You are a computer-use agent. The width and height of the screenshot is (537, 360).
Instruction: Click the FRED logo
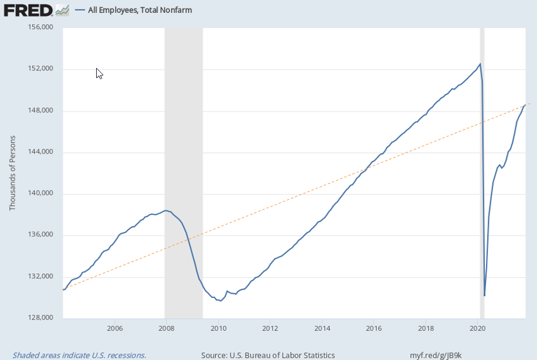pyautogui.click(x=28, y=10)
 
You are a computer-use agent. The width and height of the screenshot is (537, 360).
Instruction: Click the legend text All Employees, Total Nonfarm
pyautogui.click(x=140, y=10)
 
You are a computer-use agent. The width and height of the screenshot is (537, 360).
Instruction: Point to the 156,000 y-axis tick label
pyautogui.click(x=40, y=28)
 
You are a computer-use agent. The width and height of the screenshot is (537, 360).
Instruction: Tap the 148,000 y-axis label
pyautogui.click(x=40, y=111)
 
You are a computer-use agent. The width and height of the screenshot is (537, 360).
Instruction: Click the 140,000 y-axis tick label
pyautogui.click(x=40, y=193)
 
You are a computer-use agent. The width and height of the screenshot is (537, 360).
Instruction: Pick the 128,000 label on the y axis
pyautogui.click(x=40, y=318)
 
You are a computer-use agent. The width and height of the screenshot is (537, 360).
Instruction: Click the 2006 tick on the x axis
pyautogui.click(x=114, y=327)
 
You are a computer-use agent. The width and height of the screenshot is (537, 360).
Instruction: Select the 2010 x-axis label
pyautogui.click(x=218, y=327)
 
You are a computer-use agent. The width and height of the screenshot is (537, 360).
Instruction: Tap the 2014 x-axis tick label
pyautogui.click(x=322, y=327)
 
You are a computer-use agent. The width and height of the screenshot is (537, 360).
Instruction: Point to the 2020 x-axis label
pyautogui.click(x=478, y=327)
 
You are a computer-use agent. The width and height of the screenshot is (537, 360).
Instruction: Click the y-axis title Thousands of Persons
pyautogui.click(x=12, y=173)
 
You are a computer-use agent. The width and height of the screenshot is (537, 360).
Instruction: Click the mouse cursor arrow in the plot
pyautogui.click(x=98, y=73)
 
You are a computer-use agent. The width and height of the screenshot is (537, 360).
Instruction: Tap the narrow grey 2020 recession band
pyautogui.click(x=482, y=176)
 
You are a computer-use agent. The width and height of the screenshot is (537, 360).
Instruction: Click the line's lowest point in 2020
pyautogui.click(x=484, y=295)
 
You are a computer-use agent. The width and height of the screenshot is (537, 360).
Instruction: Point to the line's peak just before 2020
pyautogui.click(x=480, y=64)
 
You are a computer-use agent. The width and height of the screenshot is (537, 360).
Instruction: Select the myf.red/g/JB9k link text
pyautogui.click(x=436, y=355)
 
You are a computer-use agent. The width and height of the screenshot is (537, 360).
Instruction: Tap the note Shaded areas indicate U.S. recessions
pyautogui.click(x=79, y=355)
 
